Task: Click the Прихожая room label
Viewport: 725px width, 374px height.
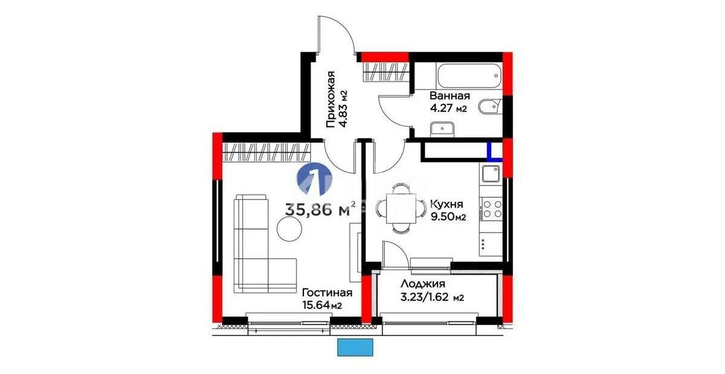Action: point(330,100)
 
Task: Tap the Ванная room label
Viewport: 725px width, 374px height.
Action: point(449,96)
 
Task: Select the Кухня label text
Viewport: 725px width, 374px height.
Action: point(446,204)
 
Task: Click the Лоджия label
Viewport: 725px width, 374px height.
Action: point(423,284)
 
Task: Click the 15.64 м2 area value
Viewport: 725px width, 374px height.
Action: point(321,305)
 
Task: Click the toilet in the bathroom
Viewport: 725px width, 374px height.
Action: point(489,108)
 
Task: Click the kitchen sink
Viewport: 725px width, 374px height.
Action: point(490,174)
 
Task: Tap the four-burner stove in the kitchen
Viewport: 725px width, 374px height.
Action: point(491,208)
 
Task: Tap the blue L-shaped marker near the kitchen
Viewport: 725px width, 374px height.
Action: point(494,151)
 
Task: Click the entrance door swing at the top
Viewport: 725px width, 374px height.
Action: point(336,36)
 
